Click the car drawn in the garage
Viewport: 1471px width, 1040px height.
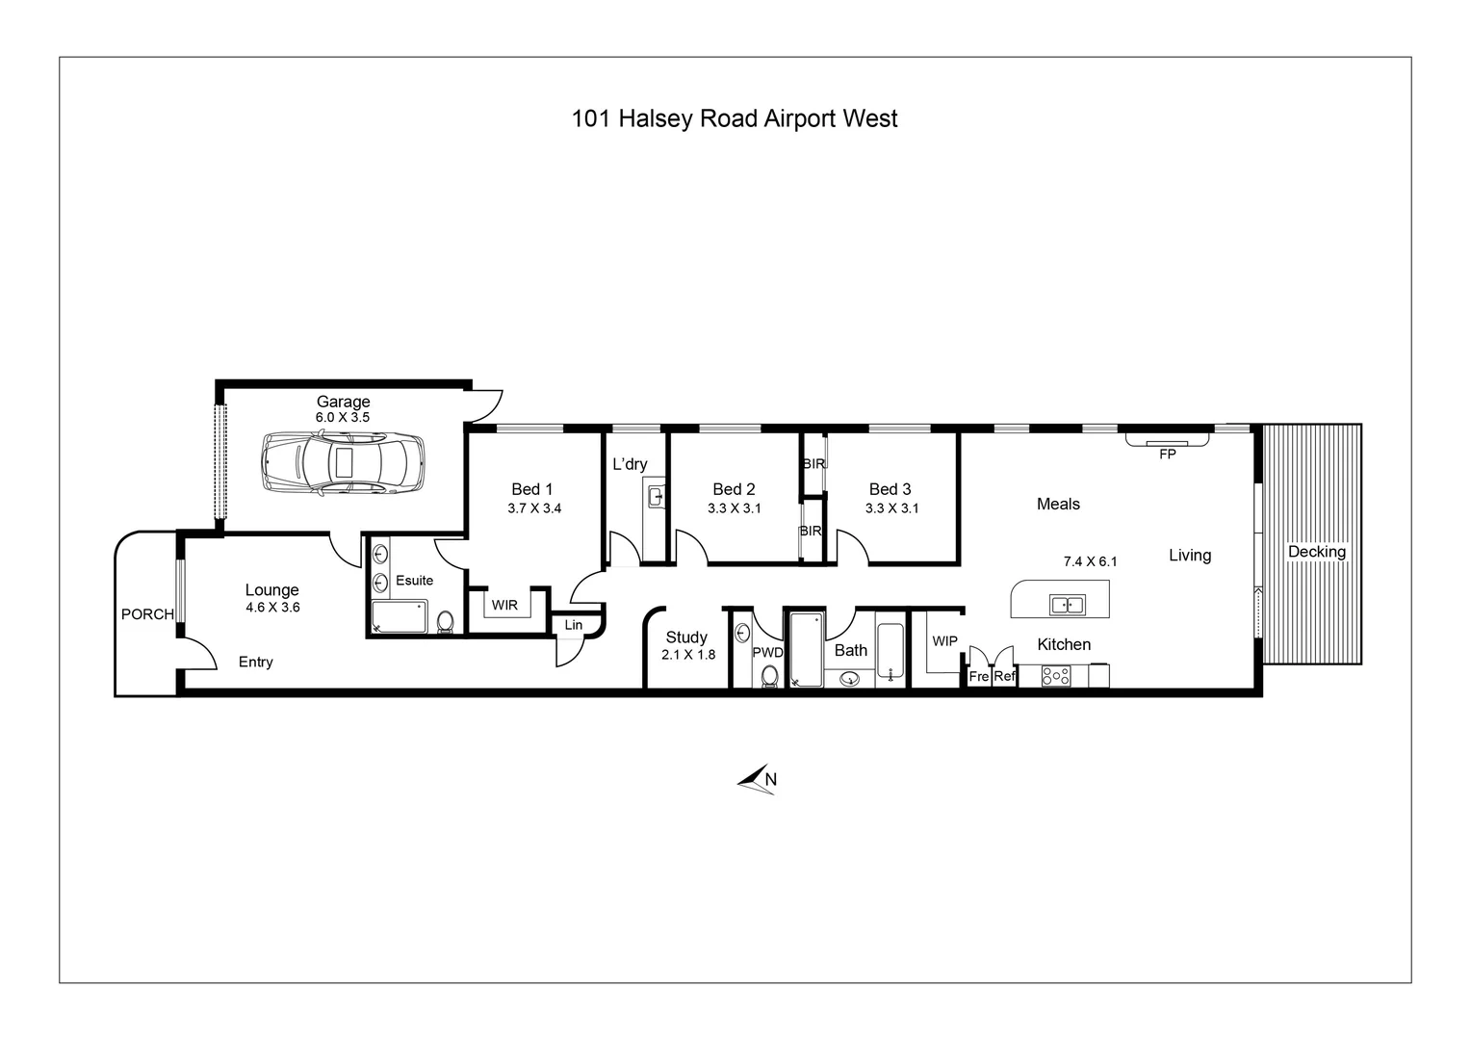click(343, 462)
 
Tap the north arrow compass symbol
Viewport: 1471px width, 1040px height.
click(758, 779)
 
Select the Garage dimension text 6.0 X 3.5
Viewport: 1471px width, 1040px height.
click(343, 417)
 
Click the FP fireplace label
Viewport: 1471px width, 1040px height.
click(1167, 454)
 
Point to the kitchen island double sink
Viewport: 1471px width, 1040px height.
click(1067, 605)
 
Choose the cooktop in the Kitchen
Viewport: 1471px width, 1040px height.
click(1056, 676)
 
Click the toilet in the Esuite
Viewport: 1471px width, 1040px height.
click(445, 621)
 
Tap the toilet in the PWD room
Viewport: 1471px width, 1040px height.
click(769, 675)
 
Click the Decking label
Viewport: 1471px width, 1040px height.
click(1317, 552)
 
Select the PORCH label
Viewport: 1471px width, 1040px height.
click(147, 614)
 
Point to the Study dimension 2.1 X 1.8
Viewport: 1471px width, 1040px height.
click(688, 655)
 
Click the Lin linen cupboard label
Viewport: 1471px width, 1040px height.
click(574, 625)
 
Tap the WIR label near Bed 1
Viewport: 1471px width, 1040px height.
click(504, 605)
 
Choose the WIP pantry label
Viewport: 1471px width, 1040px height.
click(945, 641)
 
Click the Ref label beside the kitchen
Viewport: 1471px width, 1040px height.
click(1005, 676)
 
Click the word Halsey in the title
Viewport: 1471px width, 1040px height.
click(656, 118)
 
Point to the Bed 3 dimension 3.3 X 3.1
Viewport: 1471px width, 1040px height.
click(891, 507)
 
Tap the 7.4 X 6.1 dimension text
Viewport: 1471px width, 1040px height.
click(1090, 561)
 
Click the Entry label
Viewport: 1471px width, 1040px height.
click(255, 663)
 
